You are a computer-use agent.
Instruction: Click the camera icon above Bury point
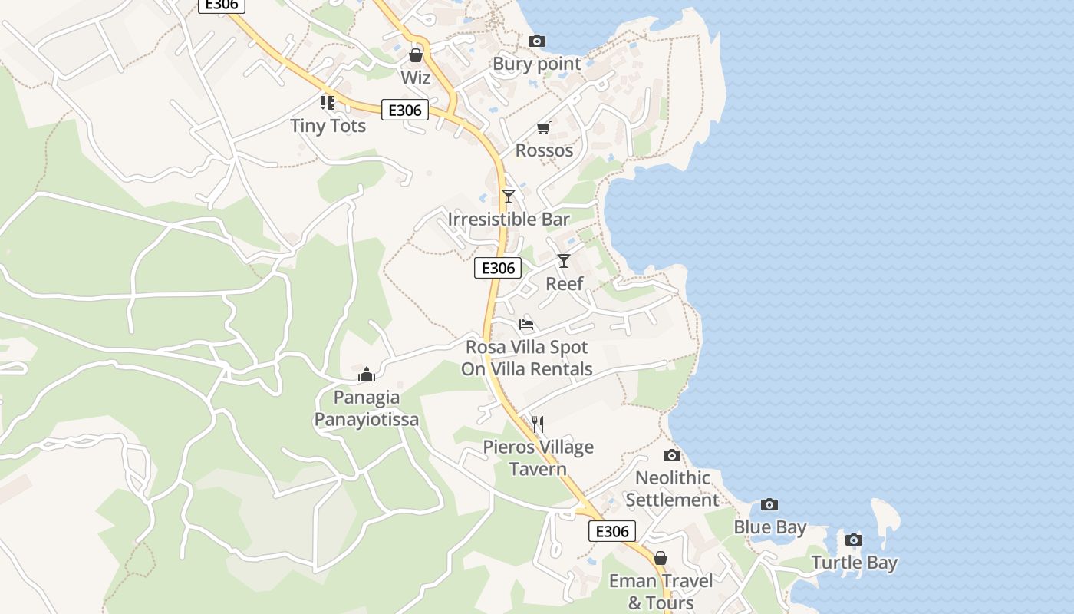[537, 41]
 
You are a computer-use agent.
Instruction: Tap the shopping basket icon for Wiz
[416, 55]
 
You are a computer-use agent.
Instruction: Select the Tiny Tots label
[328, 125]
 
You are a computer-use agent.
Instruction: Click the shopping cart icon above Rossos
[544, 128]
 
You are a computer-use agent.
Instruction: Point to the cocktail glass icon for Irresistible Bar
[508, 196]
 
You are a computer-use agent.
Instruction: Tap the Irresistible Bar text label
[509, 220]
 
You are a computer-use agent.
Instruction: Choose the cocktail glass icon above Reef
[564, 261]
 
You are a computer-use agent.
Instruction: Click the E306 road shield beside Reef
[498, 268]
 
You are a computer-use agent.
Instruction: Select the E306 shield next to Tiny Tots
[405, 110]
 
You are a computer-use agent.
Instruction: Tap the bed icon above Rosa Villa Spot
[526, 324]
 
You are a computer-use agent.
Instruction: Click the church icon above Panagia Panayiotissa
[367, 375]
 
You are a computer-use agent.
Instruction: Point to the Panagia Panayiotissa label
[367, 408]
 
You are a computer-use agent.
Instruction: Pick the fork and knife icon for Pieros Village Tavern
[538, 424]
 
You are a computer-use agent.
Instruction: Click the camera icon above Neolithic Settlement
[671, 456]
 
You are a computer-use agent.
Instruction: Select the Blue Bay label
[770, 527]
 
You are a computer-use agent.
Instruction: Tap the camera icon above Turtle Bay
[854, 540]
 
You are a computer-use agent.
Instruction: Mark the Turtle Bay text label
[854, 563]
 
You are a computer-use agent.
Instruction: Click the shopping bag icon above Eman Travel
[660, 558]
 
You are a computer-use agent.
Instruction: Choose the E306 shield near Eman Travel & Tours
[612, 531]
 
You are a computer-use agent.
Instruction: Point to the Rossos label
[544, 150]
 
